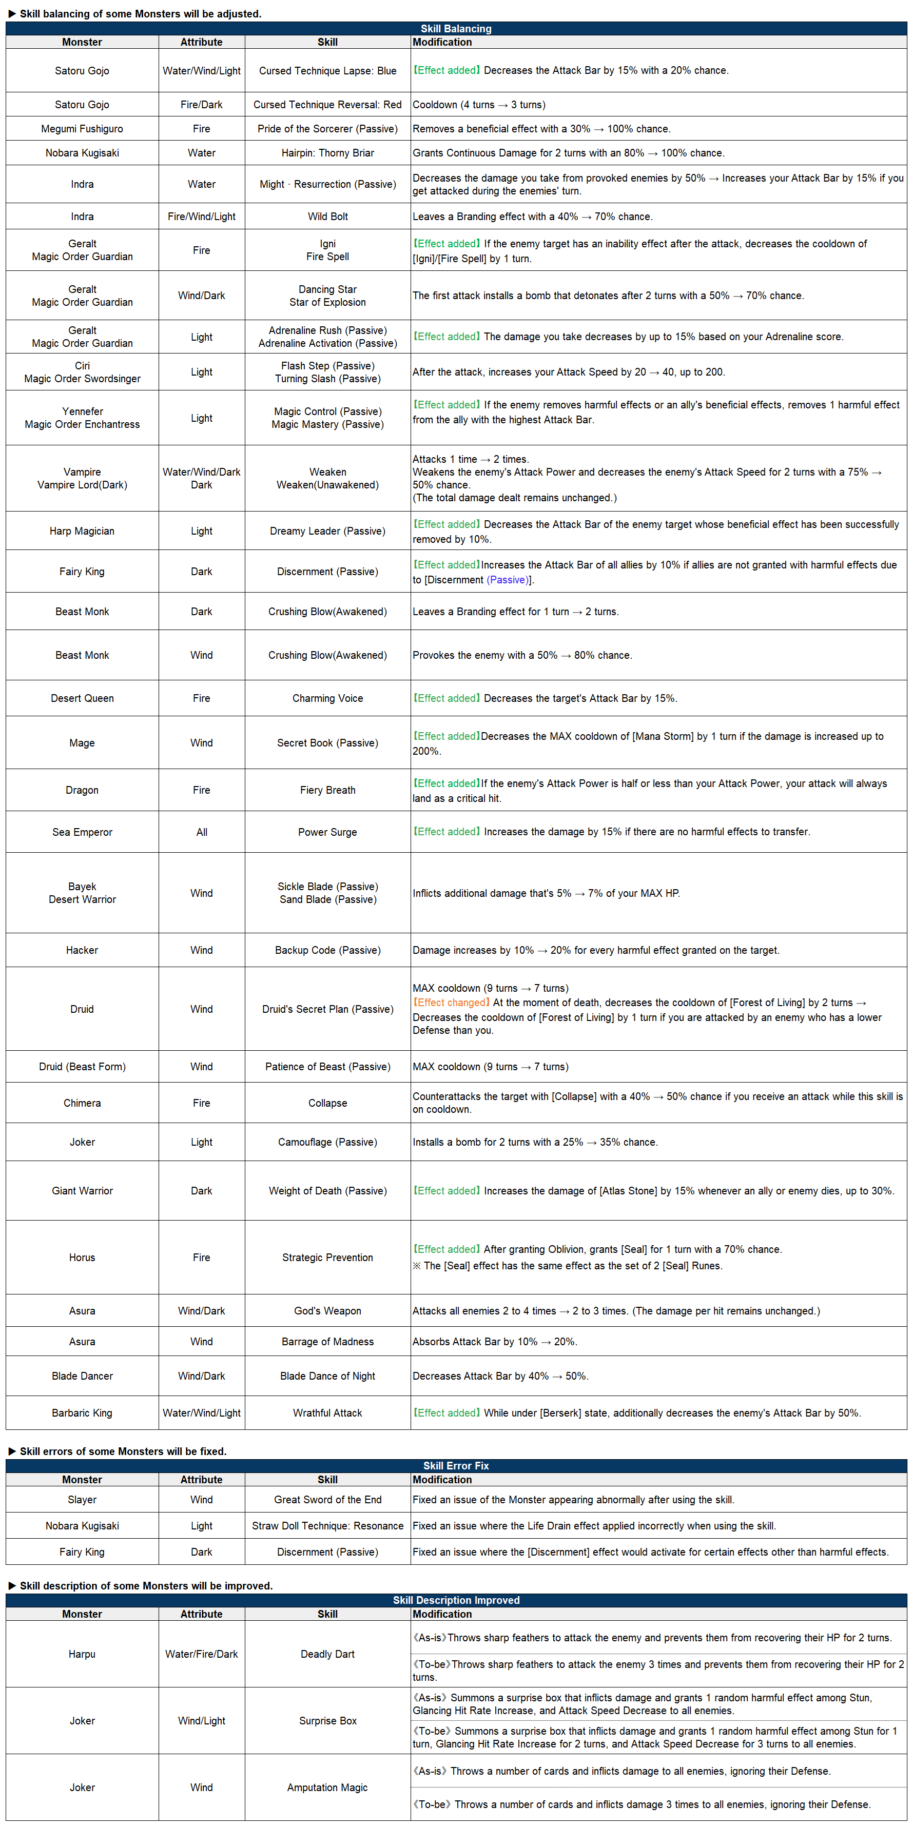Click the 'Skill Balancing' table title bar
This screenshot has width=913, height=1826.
456,28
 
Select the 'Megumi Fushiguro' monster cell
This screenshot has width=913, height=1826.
82,129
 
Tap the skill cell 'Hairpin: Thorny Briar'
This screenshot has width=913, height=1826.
327,153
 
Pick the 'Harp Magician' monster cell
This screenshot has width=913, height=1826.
82,531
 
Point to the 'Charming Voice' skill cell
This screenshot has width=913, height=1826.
327,698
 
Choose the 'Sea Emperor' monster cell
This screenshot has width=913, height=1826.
82,832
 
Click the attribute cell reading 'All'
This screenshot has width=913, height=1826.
201,832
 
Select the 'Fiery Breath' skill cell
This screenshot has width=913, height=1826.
327,790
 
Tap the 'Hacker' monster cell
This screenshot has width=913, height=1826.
82,951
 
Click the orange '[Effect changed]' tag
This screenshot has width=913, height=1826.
452,1003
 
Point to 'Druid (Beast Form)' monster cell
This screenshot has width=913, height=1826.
82,1067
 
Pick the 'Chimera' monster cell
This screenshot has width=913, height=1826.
82,1103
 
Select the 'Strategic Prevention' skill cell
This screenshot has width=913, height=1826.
327,1258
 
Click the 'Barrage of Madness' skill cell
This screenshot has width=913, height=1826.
327,1342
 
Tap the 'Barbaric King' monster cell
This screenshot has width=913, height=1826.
82,1413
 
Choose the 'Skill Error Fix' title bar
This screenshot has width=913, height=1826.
456,1466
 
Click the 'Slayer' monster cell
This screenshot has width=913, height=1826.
82,1500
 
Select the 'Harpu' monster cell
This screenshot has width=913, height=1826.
82,1655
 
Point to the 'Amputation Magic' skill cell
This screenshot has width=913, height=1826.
327,1788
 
